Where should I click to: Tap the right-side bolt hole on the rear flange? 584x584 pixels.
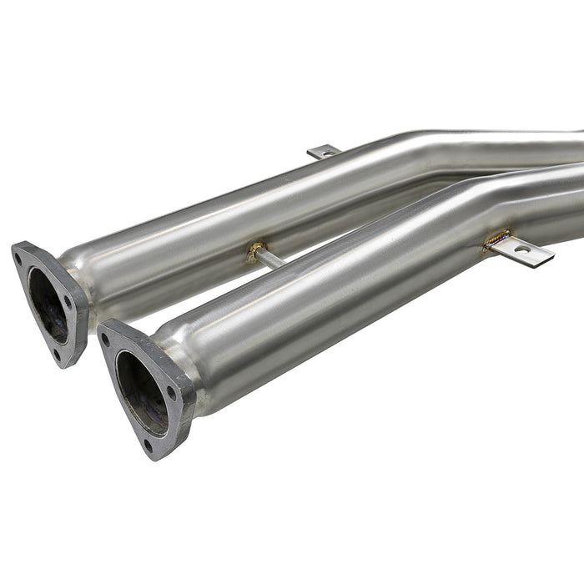(68, 302)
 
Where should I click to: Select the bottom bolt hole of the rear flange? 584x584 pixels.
(56, 354)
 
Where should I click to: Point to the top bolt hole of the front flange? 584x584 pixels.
(106, 339)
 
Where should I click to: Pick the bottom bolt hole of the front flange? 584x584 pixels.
(148, 446)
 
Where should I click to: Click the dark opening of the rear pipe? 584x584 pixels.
(48, 305)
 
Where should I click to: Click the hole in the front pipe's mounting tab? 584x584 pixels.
(521, 249)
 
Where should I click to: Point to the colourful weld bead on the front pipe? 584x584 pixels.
(497, 239)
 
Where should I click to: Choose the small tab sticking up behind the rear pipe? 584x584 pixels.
(324, 152)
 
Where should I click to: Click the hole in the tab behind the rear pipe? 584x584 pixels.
(325, 152)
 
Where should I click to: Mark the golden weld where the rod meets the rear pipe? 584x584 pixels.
(255, 250)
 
